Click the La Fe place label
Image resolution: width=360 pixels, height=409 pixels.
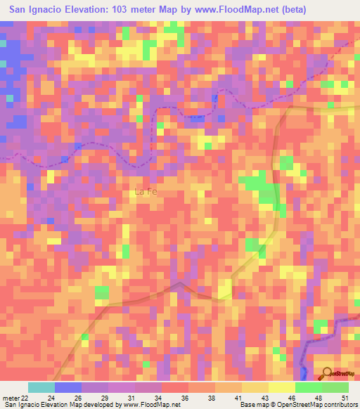tap(146, 190)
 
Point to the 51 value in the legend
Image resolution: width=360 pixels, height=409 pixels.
tap(345, 397)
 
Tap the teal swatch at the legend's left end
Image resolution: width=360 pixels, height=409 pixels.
tap(41, 387)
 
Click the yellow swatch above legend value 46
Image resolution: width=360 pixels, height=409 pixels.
tap(282, 387)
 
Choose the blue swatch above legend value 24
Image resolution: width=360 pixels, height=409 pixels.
tap(68, 387)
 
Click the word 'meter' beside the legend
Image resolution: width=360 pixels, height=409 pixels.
tap(9, 397)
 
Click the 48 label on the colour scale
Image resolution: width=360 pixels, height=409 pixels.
tap(319, 397)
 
